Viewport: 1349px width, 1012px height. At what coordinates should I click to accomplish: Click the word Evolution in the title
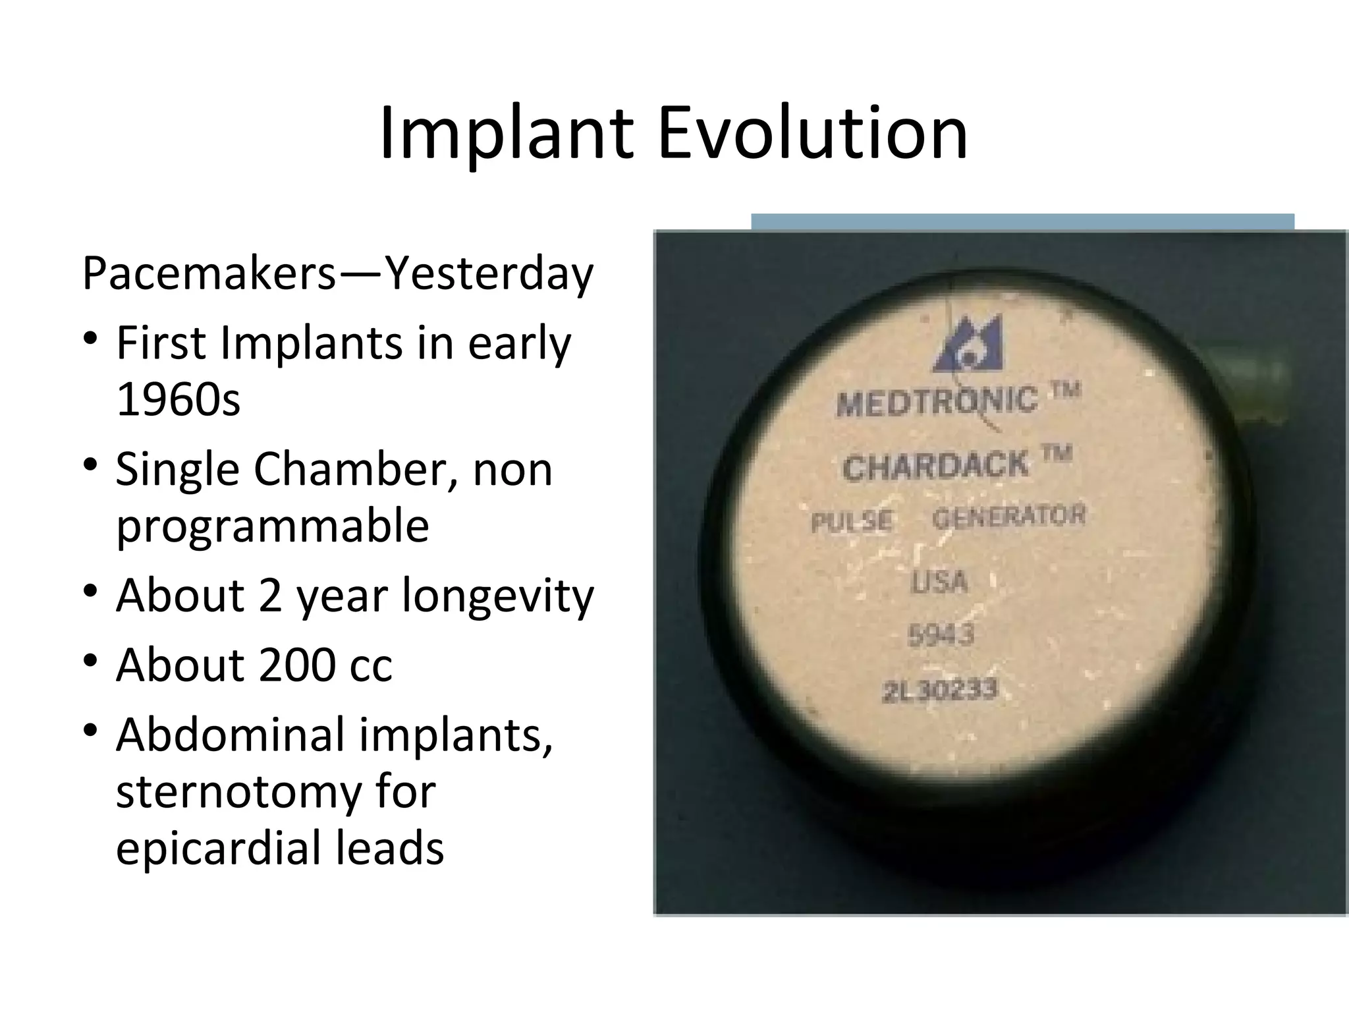(812, 134)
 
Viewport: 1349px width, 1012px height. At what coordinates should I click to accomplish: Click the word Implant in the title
(507, 134)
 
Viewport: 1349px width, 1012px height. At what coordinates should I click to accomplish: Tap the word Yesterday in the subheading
(489, 273)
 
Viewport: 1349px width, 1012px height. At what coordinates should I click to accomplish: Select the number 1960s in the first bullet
(178, 399)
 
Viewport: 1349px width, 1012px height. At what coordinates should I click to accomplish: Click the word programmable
(272, 526)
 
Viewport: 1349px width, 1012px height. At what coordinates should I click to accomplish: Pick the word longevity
(498, 595)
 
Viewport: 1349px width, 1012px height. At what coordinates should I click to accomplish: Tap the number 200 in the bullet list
(297, 665)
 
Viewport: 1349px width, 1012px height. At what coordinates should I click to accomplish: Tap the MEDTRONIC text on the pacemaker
(937, 401)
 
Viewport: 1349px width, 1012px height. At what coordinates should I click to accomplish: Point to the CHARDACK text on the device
(935, 466)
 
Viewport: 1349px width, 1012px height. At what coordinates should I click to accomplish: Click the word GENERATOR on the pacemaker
(1008, 516)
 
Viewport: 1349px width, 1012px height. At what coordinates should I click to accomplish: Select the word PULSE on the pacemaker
(852, 521)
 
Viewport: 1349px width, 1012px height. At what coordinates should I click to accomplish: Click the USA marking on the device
(939, 582)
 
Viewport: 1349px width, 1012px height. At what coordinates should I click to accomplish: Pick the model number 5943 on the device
(941, 635)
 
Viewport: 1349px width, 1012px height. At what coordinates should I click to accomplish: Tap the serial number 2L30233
(941, 690)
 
